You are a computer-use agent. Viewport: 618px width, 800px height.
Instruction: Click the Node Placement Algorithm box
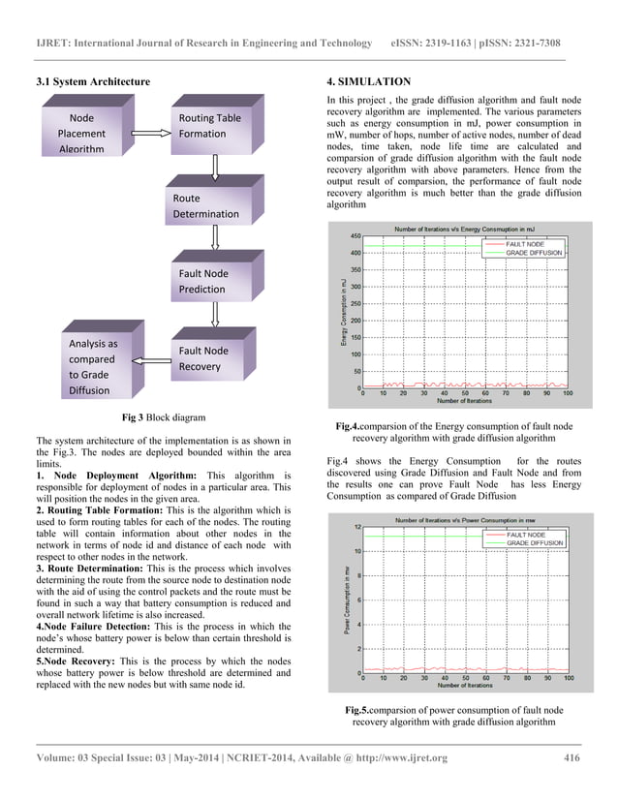click(x=81, y=133)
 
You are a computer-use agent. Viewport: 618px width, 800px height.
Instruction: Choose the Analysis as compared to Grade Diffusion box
click(x=94, y=366)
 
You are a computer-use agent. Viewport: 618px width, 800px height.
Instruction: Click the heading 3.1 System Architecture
click(x=93, y=81)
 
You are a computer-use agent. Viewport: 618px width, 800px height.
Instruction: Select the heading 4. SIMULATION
click(x=370, y=81)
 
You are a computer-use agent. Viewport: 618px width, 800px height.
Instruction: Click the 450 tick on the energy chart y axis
click(x=355, y=235)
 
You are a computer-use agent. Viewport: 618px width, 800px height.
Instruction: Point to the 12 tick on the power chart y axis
click(x=357, y=527)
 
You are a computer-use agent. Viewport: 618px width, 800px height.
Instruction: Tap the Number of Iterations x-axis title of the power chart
click(x=464, y=687)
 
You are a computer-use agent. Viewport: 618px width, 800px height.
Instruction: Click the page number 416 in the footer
click(x=572, y=757)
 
